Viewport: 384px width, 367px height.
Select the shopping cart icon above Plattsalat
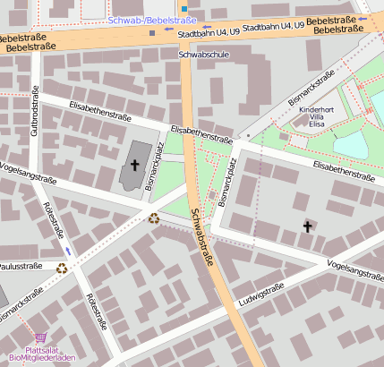click(39, 338)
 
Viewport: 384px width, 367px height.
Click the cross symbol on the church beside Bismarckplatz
click(135, 164)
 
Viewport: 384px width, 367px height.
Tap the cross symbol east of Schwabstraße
click(307, 226)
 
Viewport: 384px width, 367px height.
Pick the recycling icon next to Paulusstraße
click(62, 267)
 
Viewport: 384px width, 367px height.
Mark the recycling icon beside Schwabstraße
click(154, 217)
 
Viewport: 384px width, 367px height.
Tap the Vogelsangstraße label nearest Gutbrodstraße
click(30, 172)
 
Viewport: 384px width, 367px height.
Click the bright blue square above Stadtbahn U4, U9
click(184, 9)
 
